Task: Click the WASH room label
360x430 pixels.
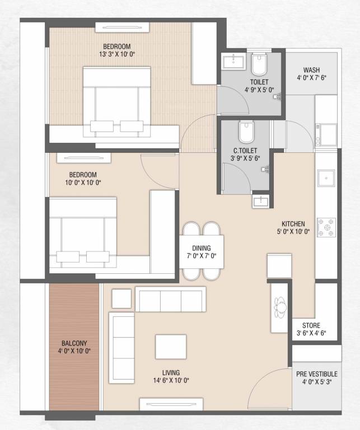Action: [x=311, y=70]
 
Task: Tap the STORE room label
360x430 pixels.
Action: [x=311, y=325]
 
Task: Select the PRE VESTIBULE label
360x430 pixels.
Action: [x=316, y=374]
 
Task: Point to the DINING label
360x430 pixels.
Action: [x=202, y=248]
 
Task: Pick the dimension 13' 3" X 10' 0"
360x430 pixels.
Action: [x=116, y=54]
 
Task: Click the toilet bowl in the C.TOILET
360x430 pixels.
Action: [x=246, y=133]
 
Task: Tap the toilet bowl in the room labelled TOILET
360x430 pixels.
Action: [x=259, y=66]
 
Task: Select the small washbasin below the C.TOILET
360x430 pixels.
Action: [x=259, y=200]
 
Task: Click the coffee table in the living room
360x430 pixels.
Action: [x=171, y=346]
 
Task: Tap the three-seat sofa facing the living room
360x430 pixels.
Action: [x=171, y=301]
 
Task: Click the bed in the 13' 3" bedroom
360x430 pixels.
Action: [x=116, y=101]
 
